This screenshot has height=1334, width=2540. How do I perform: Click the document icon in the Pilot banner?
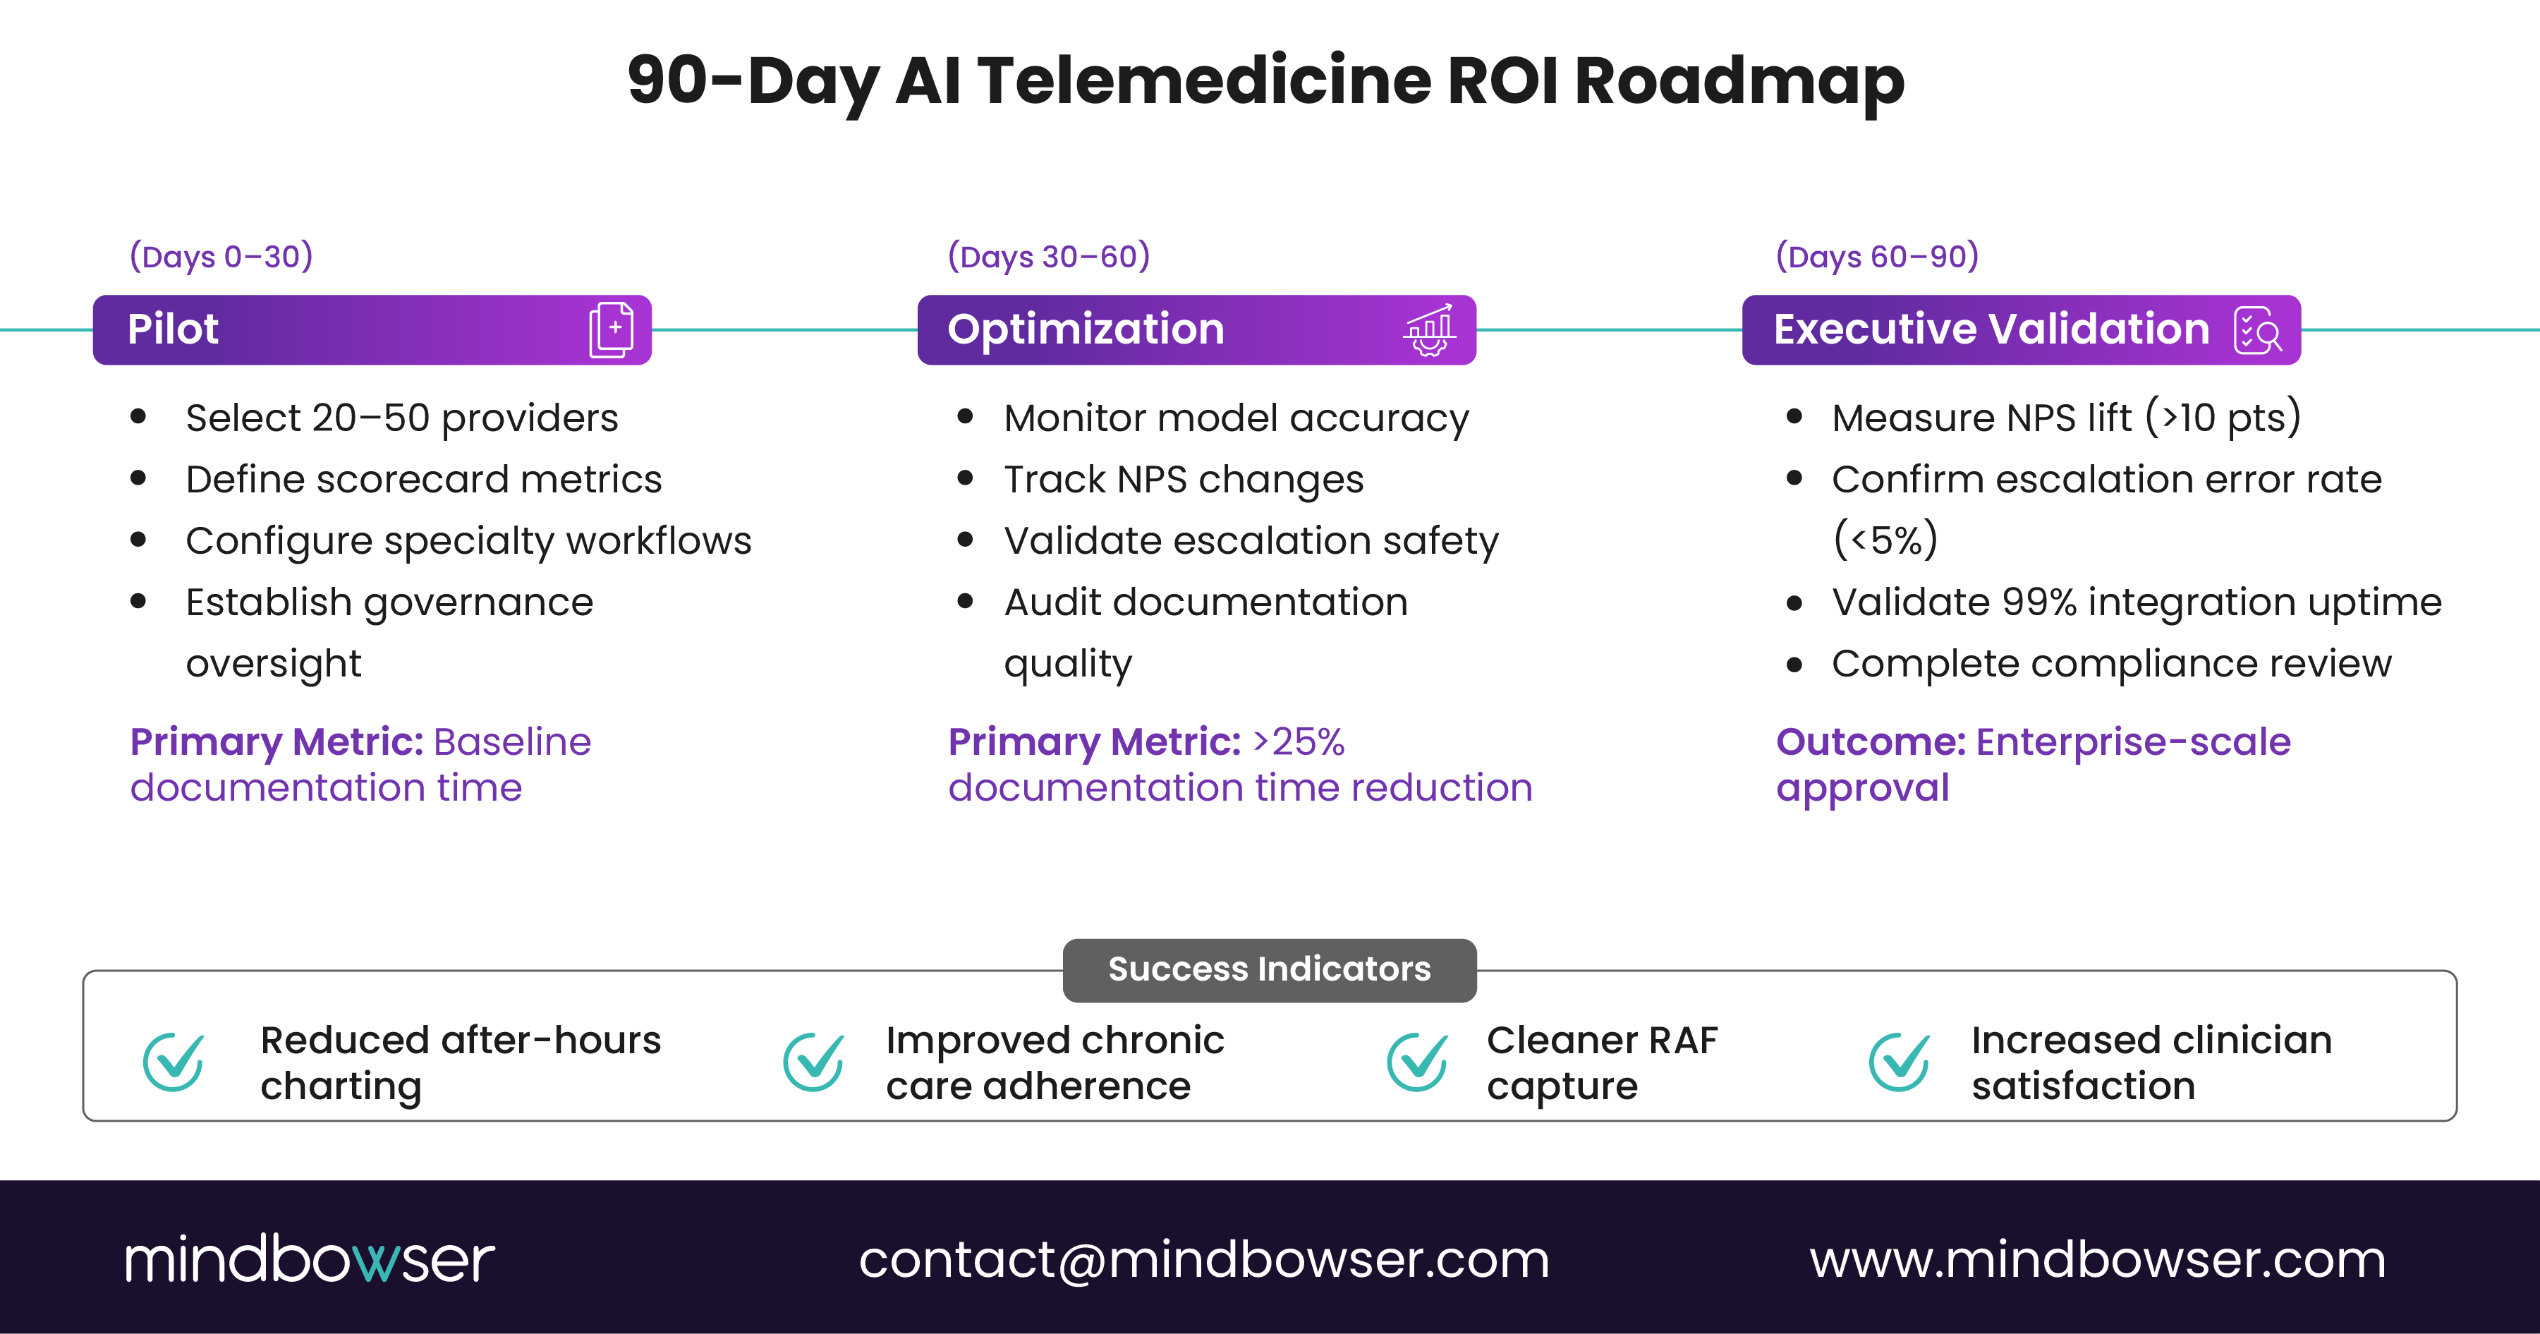tap(612, 329)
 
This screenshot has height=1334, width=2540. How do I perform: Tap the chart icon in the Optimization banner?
tap(1429, 329)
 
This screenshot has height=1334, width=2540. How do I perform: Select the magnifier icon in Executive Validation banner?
tap(2258, 330)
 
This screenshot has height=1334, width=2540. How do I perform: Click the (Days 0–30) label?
tap(221, 256)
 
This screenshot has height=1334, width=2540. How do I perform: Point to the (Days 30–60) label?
tap(1048, 256)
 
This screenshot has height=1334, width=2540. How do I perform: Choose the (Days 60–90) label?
tap(1876, 256)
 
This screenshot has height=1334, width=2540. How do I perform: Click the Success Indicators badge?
tap(1269, 969)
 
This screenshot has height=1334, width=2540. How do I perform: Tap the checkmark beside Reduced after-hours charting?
tap(174, 1061)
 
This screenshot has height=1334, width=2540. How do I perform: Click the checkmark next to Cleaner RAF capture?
tap(1417, 1061)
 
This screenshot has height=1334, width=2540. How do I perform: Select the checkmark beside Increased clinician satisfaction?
tap(1899, 1061)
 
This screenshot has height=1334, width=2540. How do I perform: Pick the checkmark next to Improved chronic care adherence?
tap(813, 1061)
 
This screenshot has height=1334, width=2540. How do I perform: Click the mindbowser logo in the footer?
tap(310, 1259)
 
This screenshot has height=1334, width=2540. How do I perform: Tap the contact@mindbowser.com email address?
tap(1204, 1260)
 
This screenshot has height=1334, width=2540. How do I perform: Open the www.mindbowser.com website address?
tap(2097, 1260)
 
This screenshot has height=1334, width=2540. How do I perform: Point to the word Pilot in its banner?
tap(173, 329)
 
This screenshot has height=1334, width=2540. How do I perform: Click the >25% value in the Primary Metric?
tap(1299, 741)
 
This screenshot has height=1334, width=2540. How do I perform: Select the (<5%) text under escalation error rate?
tap(1884, 540)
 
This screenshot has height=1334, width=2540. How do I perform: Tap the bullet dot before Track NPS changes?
tap(966, 479)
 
